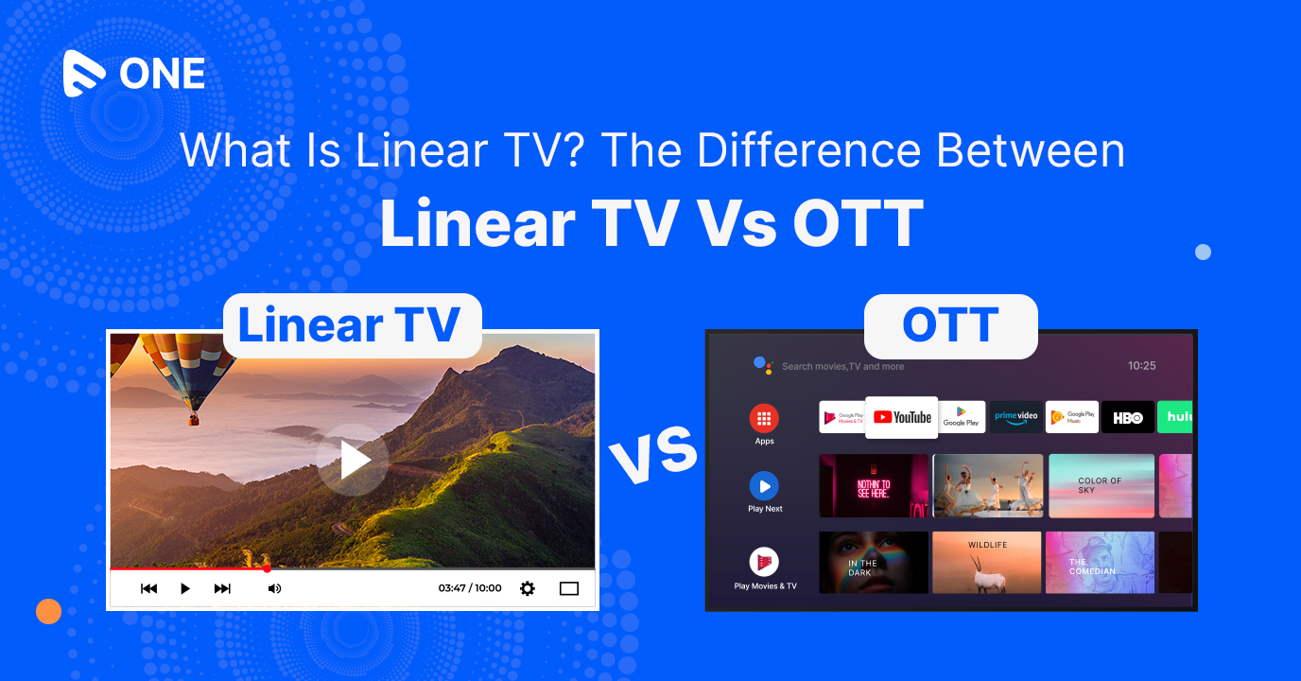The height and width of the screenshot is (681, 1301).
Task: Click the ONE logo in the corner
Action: [x=133, y=74]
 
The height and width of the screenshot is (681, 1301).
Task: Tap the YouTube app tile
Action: [x=902, y=417]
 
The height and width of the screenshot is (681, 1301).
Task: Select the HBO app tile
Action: [x=1127, y=417]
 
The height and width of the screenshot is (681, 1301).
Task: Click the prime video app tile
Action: [x=1015, y=417]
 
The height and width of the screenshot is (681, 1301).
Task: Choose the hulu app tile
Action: [x=1176, y=417]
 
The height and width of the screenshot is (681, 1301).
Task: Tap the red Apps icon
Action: [x=764, y=418]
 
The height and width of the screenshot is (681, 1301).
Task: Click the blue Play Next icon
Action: [x=764, y=486]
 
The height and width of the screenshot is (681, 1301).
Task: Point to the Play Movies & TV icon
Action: [x=764, y=562]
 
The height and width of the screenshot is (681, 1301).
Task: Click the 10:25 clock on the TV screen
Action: [x=1142, y=366]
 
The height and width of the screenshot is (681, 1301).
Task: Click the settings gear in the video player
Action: [x=528, y=588]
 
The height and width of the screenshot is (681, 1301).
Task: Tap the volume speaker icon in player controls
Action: [x=274, y=588]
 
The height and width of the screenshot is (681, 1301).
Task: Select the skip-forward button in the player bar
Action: [x=222, y=588]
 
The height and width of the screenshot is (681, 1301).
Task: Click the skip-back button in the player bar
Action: [x=148, y=588]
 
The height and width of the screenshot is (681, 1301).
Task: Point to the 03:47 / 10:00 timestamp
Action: [x=470, y=588]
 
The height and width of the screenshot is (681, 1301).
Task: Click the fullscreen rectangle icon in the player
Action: [x=568, y=588]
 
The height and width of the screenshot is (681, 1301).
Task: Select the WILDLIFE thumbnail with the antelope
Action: [x=987, y=562]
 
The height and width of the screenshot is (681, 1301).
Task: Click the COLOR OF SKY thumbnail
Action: [x=1102, y=485]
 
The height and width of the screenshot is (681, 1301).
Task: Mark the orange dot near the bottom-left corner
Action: [x=48, y=612]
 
